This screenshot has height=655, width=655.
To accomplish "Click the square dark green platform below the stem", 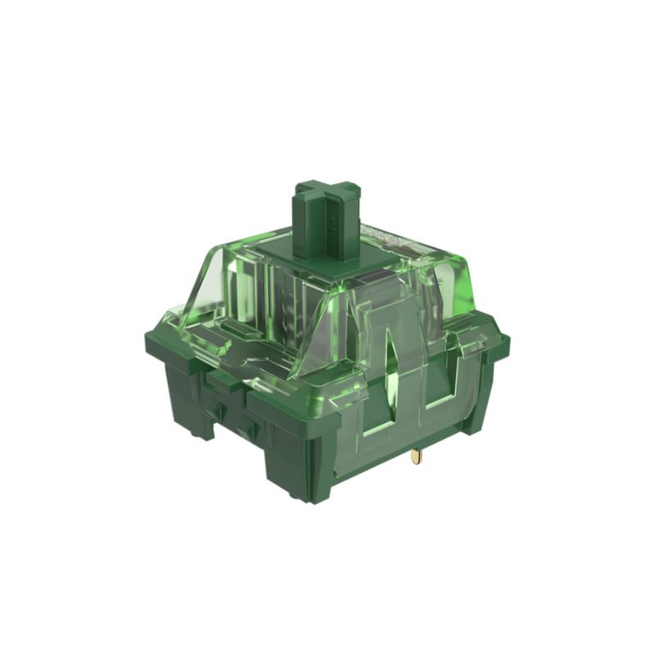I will [x=323, y=260].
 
